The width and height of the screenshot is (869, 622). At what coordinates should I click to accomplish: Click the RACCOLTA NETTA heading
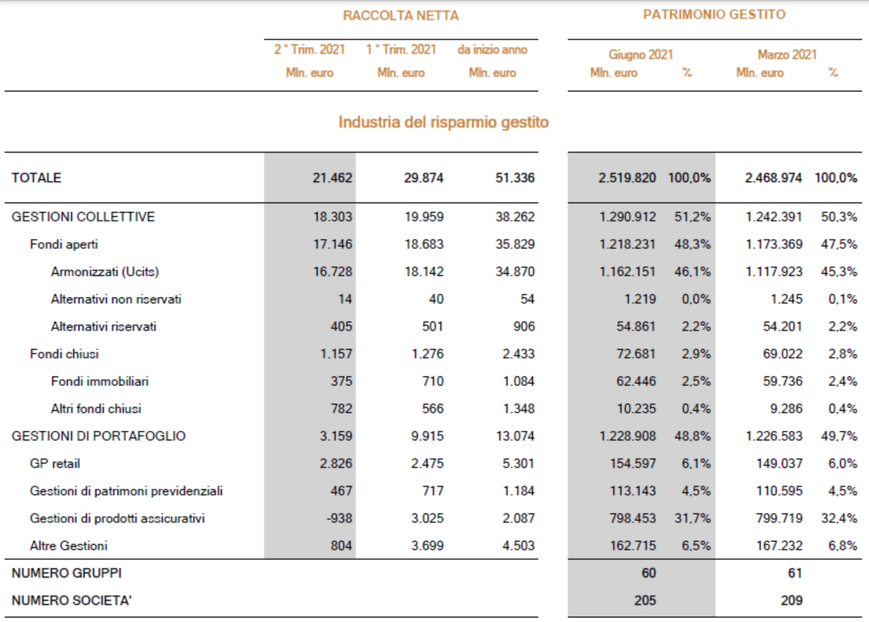coord(400,16)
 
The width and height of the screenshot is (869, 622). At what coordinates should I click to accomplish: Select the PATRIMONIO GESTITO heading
coord(714,14)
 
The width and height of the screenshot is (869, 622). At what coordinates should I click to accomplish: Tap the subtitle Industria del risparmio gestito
coord(443,122)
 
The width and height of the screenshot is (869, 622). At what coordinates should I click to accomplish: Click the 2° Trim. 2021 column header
coord(309,50)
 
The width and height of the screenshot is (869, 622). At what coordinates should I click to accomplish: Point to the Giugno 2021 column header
coord(641,54)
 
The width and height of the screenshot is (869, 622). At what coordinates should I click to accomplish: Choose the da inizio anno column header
coord(492,50)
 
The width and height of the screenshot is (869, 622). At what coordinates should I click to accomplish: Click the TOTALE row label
coord(36,178)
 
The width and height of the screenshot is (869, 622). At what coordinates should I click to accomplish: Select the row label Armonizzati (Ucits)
coord(105,272)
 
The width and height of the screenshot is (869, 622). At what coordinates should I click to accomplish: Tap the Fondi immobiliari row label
coord(100,381)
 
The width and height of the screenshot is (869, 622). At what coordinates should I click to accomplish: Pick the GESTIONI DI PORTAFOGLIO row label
coord(98,436)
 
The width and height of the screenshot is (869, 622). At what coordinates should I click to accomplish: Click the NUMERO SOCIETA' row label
coord(72,601)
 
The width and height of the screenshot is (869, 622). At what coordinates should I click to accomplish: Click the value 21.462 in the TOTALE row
coord(333,178)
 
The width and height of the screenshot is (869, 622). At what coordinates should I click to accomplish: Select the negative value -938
coord(339,518)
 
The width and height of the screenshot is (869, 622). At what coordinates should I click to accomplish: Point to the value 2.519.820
coord(627,178)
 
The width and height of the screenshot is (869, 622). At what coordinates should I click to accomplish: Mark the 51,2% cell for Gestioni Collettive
coord(692,217)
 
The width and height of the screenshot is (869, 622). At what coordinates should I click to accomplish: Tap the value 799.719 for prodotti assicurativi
coord(779,518)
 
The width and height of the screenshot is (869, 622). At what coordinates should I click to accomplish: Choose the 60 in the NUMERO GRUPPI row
coord(648,573)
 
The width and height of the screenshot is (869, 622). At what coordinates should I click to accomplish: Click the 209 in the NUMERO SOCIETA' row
coord(791,601)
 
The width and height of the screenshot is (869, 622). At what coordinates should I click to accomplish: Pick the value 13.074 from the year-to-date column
coord(515,436)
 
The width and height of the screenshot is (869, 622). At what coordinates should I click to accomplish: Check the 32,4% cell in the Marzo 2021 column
coord(839,518)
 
